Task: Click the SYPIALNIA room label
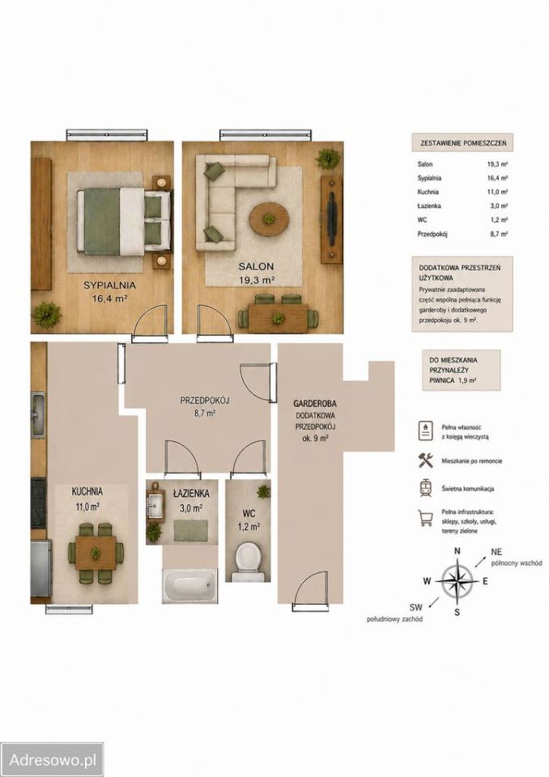pyautogui.click(x=109, y=286)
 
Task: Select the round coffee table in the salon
pyautogui.click(x=269, y=219)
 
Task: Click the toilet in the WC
pyautogui.click(x=248, y=562)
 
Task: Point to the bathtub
pyautogui.click(x=189, y=585)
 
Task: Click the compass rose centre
pyautogui.click(x=457, y=581)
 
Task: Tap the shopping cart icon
pyautogui.click(x=425, y=518)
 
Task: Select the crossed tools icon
pyautogui.click(x=425, y=460)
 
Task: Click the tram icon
pyautogui.click(x=425, y=488)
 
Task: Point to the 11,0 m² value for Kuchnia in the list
pyautogui.click(x=497, y=192)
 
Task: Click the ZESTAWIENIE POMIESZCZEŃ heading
pyautogui.click(x=462, y=143)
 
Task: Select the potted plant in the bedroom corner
pyautogui.click(x=47, y=315)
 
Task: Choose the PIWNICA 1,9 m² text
pyautogui.click(x=453, y=380)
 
